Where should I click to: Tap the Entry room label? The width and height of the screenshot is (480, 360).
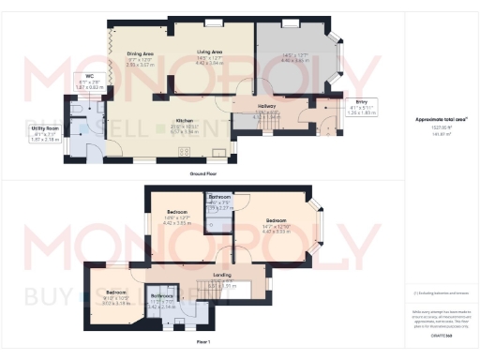click(x=361, y=101)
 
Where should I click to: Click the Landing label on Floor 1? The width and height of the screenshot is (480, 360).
click(x=222, y=275)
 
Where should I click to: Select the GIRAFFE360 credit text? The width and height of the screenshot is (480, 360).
click(x=440, y=333)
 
